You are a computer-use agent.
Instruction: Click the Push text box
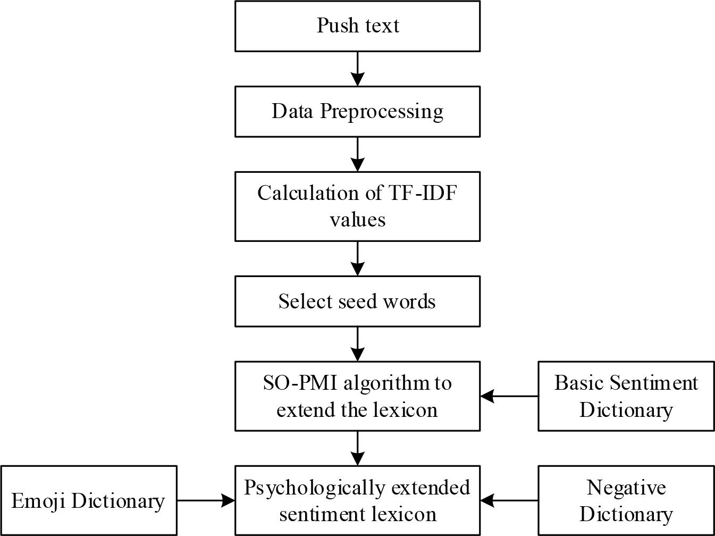357,26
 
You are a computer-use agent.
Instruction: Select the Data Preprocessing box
357,111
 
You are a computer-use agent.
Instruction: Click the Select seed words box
357,301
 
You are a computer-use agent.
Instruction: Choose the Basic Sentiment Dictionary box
626,396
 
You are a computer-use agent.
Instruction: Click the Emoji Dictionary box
88,500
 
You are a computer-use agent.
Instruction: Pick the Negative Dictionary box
626,500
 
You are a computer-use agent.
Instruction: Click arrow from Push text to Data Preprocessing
358,69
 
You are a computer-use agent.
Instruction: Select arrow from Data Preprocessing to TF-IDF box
358,154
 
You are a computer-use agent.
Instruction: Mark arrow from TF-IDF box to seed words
358,258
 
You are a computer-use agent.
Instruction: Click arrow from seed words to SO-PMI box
358,344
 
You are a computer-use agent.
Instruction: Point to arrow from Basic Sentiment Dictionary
509,396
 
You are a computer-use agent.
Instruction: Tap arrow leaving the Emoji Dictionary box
206,500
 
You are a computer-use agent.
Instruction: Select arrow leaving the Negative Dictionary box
509,500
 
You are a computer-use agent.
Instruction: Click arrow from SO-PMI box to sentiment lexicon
358,448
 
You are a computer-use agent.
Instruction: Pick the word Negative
626,487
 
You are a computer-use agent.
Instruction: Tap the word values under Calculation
357,220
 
